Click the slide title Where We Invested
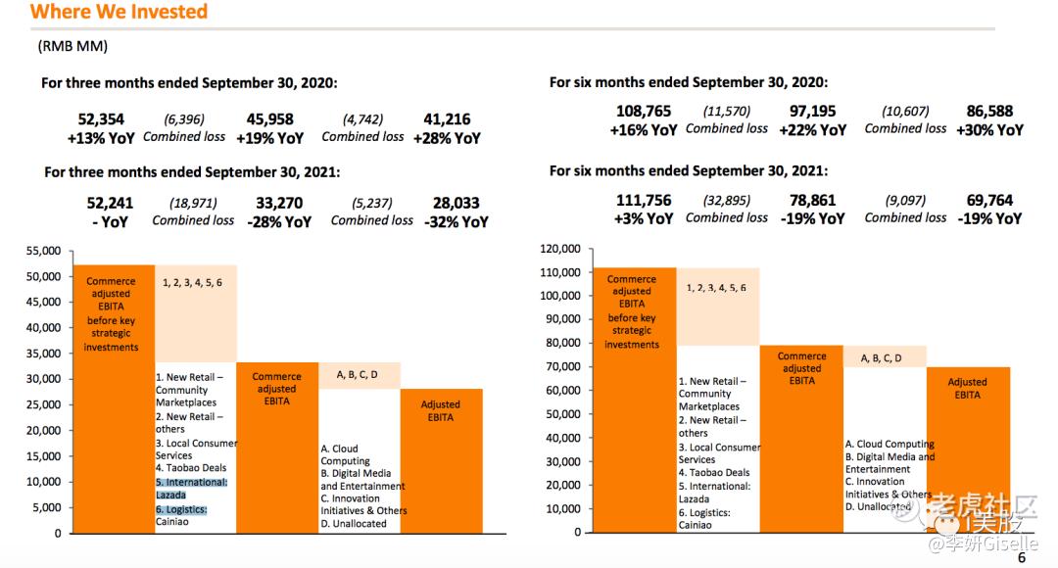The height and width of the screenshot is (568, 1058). point(119,12)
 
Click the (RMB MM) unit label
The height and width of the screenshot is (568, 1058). point(72,46)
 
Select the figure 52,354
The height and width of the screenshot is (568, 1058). point(101,119)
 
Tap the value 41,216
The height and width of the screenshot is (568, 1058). point(447,119)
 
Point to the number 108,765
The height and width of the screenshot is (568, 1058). point(644,112)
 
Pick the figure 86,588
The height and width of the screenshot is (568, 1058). point(989,112)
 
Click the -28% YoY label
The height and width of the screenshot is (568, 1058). point(279,222)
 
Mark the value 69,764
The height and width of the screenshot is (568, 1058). point(989,201)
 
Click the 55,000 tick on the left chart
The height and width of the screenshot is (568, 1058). point(43,251)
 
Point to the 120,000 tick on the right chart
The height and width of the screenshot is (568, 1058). point(560,249)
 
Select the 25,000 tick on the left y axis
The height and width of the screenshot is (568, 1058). point(43,404)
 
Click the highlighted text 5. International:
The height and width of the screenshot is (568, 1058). point(192,483)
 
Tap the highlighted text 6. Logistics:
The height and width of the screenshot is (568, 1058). point(181,510)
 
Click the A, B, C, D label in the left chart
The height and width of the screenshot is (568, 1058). point(357,374)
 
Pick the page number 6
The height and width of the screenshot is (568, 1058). point(1022,558)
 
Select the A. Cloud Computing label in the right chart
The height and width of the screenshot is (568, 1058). point(890,444)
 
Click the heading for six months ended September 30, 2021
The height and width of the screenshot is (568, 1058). point(689,170)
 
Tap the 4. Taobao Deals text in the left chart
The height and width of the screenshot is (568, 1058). point(191,467)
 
